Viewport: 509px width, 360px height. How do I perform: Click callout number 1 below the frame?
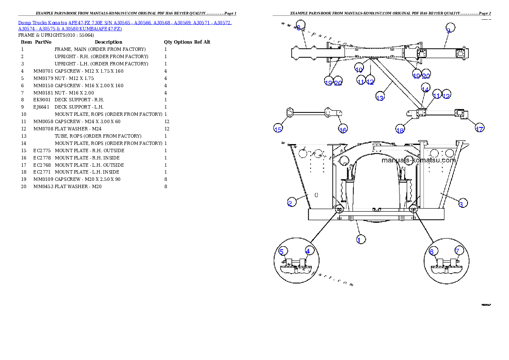361,239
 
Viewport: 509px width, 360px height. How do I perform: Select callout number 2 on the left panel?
290,203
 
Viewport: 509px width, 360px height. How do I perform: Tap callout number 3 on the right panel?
461,204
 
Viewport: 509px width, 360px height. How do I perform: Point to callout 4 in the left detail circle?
308,251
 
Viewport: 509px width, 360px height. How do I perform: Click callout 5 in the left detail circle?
281,251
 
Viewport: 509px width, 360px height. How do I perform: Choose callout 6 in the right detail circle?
432,251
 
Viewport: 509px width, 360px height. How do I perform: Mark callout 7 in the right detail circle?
457,251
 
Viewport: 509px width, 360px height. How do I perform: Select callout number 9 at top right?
448,30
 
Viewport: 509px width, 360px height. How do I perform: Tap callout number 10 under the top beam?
359,69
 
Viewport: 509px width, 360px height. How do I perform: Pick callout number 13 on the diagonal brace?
380,97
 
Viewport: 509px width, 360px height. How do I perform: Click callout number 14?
425,89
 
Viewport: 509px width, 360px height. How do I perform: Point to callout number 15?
278,129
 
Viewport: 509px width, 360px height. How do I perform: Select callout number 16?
343,129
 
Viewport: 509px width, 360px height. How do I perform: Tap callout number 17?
479,128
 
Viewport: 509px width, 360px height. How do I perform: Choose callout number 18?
400,130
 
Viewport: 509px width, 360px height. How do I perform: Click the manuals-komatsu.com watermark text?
418,161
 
